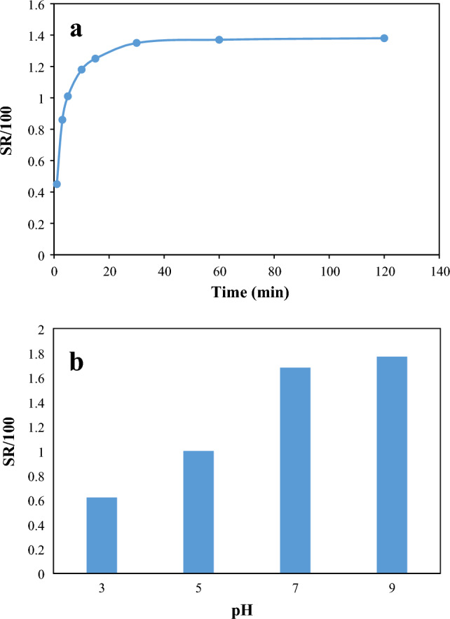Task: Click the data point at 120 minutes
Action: (x=384, y=38)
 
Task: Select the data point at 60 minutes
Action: (x=219, y=39)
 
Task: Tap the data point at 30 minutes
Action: (x=137, y=43)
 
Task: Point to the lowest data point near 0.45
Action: (x=57, y=184)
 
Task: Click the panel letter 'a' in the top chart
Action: (x=76, y=29)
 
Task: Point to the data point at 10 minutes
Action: (x=81, y=69)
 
